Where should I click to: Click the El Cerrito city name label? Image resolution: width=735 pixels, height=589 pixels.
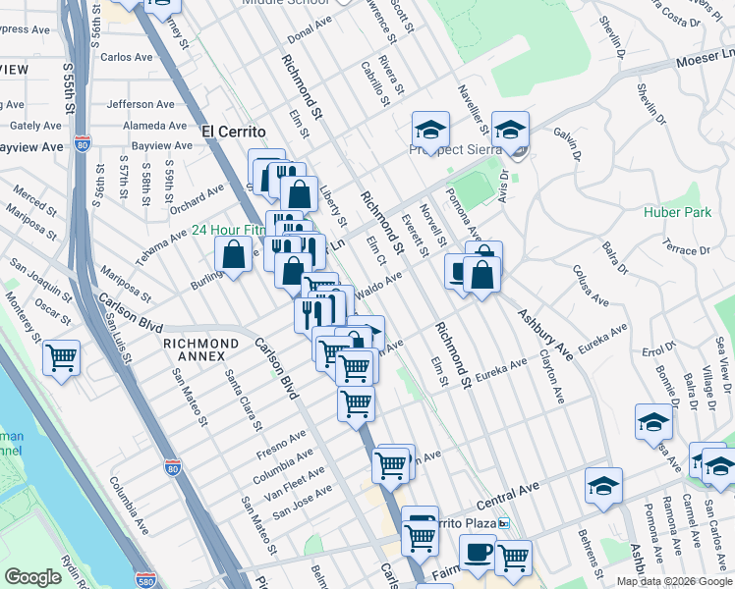[x=234, y=131]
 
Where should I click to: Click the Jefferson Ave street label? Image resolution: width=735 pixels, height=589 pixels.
[x=144, y=104]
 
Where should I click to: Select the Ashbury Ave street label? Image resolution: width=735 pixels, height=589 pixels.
[x=546, y=334]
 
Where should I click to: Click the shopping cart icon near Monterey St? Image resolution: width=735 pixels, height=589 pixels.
[x=62, y=356]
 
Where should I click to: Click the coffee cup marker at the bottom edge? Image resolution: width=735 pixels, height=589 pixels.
[x=479, y=555]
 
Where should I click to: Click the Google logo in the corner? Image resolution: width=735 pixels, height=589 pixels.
[x=33, y=577]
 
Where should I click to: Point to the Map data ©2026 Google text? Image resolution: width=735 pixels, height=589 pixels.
[x=674, y=581]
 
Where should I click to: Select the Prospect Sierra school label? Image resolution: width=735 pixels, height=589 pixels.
[x=456, y=150]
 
